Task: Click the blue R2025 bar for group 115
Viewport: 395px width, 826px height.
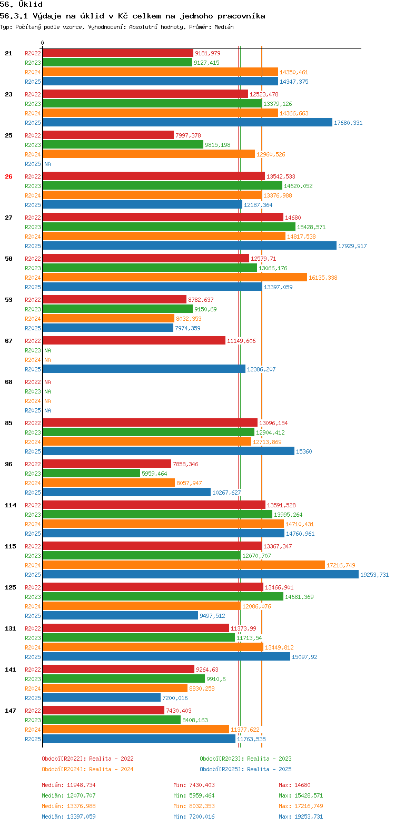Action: pos(200,575)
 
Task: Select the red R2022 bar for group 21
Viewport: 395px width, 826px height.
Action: pos(118,53)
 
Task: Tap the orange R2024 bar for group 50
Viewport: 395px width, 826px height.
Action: pos(174,278)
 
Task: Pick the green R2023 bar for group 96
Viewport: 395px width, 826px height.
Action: pos(91,474)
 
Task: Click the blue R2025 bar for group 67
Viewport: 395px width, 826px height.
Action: pos(144,369)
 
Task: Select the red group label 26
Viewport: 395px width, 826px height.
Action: pos(8,176)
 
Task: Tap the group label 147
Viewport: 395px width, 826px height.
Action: pos(11,711)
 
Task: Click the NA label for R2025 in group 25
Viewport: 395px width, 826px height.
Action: pos(47,164)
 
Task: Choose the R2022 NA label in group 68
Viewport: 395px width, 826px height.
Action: pos(47,382)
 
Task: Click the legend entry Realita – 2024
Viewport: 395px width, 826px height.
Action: pos(87,769)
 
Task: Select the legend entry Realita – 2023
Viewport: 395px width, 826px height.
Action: pos(245,759)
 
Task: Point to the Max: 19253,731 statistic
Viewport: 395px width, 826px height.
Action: pos(301,817)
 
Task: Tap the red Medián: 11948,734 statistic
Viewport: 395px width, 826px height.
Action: pos(68,785)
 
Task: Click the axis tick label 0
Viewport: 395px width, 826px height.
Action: pos(43,43)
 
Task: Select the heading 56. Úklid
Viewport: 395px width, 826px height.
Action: pos(21,4)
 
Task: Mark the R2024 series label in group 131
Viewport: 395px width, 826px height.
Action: pos(33,647)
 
